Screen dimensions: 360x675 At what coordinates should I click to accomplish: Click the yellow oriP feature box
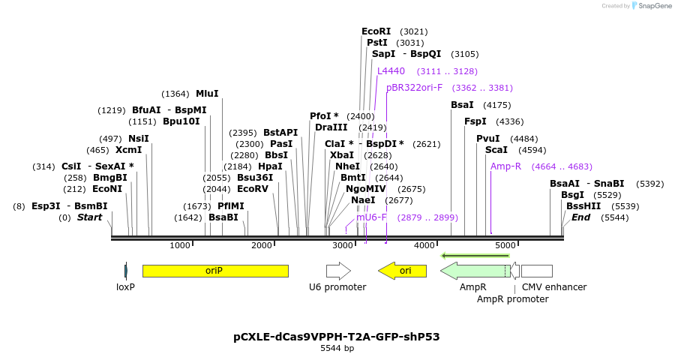[x=215, y=271]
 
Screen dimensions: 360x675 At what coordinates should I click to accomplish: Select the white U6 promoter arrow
[x=338, y=271]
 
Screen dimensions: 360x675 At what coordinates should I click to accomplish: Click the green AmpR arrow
[x=474, y=271]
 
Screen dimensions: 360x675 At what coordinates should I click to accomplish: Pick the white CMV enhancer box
[x=536, y=271]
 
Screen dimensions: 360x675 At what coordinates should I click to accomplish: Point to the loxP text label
[x=125, y=287]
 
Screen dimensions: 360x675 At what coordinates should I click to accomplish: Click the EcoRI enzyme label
[x=376, y=31]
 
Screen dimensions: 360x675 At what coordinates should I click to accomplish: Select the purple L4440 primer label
[x=391, y=71]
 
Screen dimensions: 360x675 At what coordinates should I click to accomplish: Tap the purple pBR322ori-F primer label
[x=415, y=88]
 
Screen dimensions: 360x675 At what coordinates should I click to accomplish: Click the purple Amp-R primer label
[x=505, y=166]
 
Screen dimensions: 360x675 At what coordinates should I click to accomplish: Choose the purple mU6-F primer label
[x=371, y=217]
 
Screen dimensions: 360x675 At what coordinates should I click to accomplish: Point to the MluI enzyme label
[x=207, y=94]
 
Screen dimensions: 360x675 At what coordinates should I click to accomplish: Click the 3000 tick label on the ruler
[x=343, y=246]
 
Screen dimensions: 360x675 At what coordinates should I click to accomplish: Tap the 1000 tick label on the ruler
[x=180, y=246]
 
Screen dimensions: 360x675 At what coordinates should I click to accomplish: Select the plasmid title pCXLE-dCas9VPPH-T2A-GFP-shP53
[x=337, y=337]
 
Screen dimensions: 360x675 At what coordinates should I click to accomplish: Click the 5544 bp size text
[x=337, y=349]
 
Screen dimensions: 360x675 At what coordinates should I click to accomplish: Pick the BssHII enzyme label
[x=582, y=206]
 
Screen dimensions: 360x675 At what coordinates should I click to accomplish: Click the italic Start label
[x=89, y=217]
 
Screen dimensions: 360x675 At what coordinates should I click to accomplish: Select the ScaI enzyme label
[x=496, y=150]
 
